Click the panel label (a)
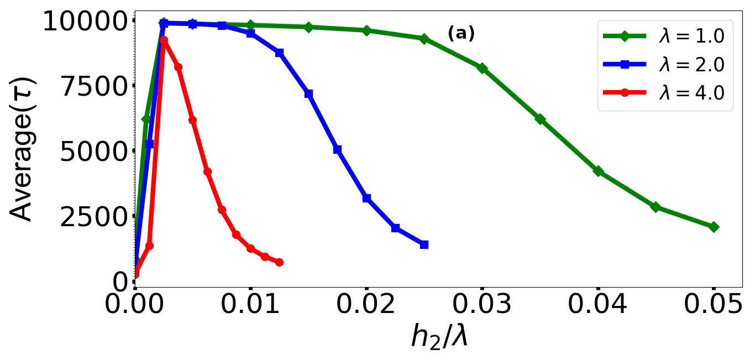coord(461,34)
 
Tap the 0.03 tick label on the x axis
coord(482,305)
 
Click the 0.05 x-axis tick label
coord(713,305)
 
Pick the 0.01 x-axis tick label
coord(251,305)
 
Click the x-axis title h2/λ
coord(439,336)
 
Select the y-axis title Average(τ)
coord(23,149)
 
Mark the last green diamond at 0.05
coord(714,227)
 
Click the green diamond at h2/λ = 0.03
coord(482,68)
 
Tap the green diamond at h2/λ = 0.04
coord(598,171)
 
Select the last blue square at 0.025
coord(424,244)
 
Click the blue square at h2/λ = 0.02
coord(366,198)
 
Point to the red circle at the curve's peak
coord(164,40)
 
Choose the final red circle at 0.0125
coord(279,262)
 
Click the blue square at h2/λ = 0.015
coord(308,94)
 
